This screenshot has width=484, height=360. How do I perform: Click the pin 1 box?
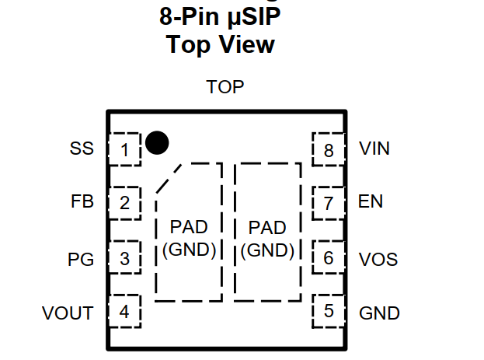tap(124, 149)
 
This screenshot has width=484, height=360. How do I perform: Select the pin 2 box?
tap(124, 204)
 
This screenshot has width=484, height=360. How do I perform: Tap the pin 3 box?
tap(124, 258)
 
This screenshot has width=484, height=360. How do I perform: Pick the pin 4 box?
tap(124, 313)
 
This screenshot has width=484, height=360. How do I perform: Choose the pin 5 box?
tap(329, 312)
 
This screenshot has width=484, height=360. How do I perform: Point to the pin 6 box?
tap(329, 257)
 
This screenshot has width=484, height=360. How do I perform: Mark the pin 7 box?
tap(329, 204)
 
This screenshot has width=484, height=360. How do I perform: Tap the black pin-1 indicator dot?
tap(157, 142)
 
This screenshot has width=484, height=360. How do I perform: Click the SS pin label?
tap(82, 149)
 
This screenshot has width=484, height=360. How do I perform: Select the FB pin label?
tap(82, 203)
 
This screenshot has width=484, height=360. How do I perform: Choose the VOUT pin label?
tap(68, 313)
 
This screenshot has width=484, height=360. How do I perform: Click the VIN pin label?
tap(374, 149)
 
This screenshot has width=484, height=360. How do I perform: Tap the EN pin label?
tap(371, 203)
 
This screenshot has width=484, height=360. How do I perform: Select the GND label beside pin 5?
tap(379, 313)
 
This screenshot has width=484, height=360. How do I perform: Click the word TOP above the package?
tap(225, 86)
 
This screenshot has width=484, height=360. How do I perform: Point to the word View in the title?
tap(244, 44)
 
